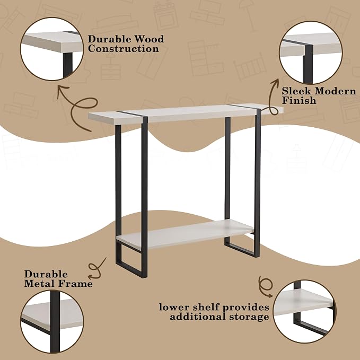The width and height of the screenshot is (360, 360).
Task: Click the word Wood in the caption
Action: [149, 39]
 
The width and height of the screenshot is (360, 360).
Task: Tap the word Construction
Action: [124, 49]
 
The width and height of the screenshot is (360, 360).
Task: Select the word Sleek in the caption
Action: [296, 91]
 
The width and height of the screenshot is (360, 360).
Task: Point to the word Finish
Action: [299, 101]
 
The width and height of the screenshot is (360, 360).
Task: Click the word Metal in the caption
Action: [39, 284]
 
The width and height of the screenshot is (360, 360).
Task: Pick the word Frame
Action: [75, 284]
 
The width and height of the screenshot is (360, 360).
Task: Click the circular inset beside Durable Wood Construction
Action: [52, 49]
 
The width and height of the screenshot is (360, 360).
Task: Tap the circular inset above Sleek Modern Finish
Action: [311, 53]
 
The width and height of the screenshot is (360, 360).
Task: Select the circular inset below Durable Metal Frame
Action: [52, 321]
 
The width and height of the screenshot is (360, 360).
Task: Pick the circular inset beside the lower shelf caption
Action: [305, 312]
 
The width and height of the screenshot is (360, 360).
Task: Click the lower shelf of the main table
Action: [186, 234]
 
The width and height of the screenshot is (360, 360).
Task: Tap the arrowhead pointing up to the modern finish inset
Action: [275, 83]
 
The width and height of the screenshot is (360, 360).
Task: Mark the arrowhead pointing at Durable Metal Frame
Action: [92, 276]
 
